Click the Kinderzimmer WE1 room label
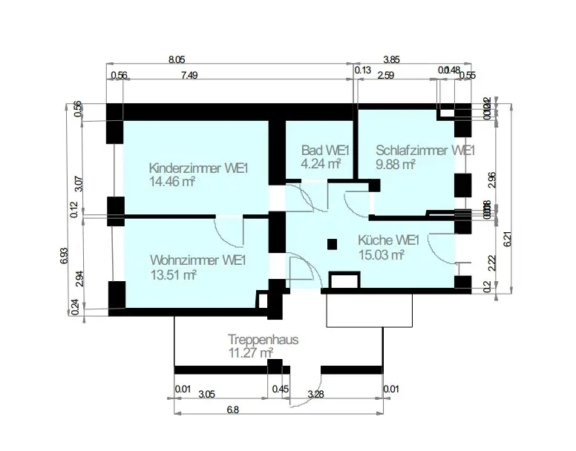[198, 168]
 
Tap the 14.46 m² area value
[172, 181]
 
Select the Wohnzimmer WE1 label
[197, 260]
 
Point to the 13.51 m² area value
[172, 274]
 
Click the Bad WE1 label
[325, 150]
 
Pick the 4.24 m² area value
[321, 164]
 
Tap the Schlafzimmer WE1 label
[425, 150]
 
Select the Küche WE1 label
[389, 241]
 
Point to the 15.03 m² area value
[382, 255]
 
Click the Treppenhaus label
[264, 340]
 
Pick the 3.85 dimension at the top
[391, 59]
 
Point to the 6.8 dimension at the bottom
[232, 409]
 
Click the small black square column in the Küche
[331, 242]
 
